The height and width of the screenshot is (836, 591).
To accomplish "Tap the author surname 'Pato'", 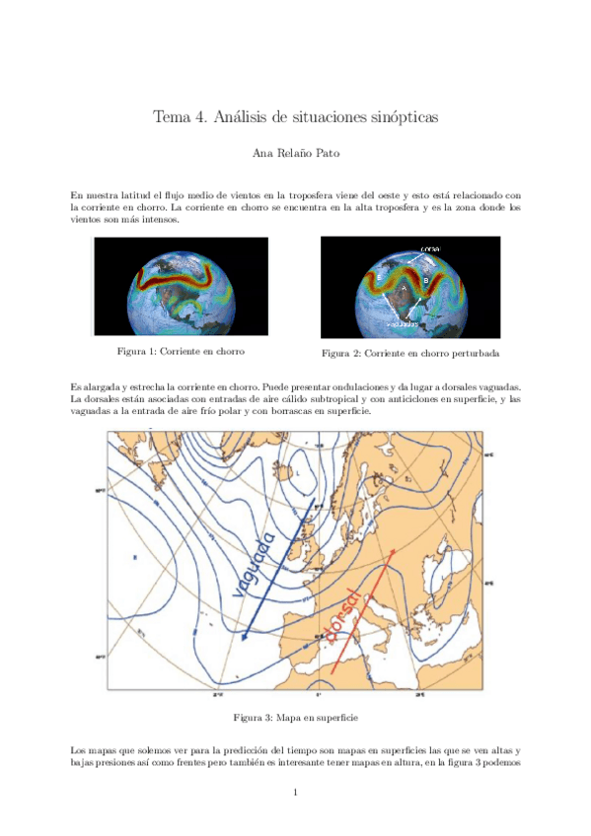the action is click(x=329, y=155).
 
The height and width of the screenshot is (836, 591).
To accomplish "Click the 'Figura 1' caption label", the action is click(x=138, y=351).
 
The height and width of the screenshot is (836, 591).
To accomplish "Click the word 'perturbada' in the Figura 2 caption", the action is click(x=474, y=353).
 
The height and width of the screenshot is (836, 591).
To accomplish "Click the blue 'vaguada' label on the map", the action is click(x=255, y=564).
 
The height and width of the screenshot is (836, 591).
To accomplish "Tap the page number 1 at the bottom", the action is click(x=295, y=792).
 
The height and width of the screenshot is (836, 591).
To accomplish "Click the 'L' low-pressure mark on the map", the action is click(x=297, y=473).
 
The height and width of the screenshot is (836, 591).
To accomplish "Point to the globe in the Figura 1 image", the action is click(x=182, y=285).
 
